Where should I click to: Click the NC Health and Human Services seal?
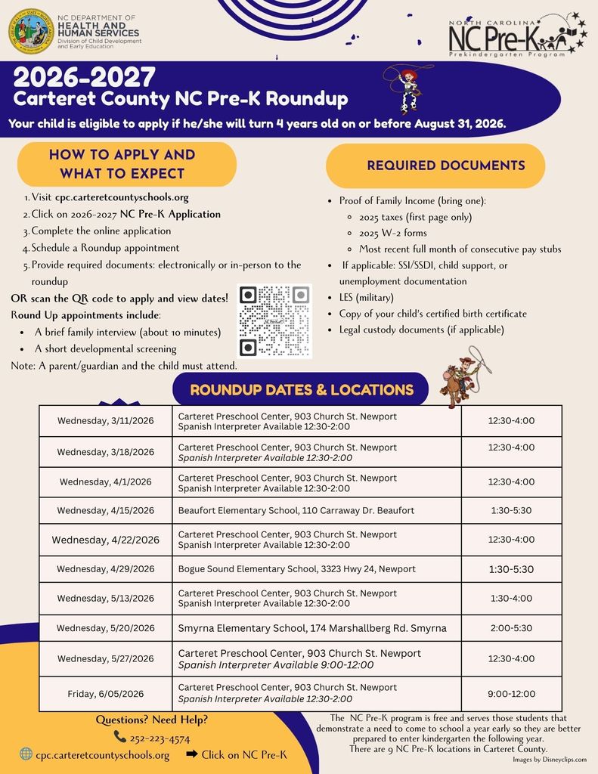coord(31,30)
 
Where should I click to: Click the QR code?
coord(274,320)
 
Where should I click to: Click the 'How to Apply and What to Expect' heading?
coord(122,164)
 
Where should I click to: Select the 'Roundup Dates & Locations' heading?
coord(301,390)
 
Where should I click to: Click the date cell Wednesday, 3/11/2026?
coord(105,421)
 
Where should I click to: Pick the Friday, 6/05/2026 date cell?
coord(105,693)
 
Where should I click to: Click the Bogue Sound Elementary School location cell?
coord(296,568)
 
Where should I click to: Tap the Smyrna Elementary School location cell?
coord(311,628)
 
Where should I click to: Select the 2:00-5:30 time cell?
coord(512,628)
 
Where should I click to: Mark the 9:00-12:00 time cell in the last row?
coord(512,693)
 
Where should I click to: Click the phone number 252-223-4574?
coord(161,738)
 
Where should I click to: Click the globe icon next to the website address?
coord(26,754)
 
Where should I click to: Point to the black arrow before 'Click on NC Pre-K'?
coord(191,754)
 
